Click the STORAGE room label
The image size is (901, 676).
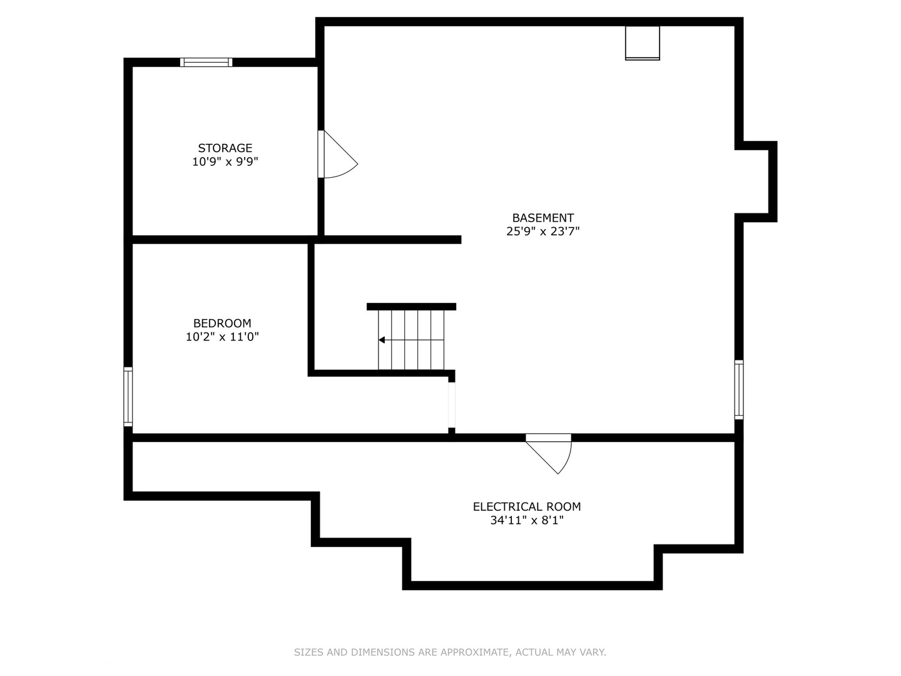(225, 148)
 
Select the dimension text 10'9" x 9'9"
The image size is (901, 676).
(225, 162)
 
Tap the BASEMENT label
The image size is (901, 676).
(542, 218)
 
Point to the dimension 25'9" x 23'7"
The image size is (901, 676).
(542, 232)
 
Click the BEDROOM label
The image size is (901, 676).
(222, 324)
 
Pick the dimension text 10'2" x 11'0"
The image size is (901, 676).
(222, 337)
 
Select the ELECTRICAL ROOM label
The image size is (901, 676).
(526, 507)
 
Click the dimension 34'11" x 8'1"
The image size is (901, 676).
(526, 521)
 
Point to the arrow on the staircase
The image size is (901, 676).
(382, 340)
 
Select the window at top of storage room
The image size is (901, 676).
(206, 62)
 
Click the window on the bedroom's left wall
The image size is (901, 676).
(128, 397)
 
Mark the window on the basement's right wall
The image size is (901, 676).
(739, 389)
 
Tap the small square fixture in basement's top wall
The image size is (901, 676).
(643, 43)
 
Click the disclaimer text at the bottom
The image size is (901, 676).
(450, 652)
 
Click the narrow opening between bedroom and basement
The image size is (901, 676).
(452, 404)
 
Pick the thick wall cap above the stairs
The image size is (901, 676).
(411, 307)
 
